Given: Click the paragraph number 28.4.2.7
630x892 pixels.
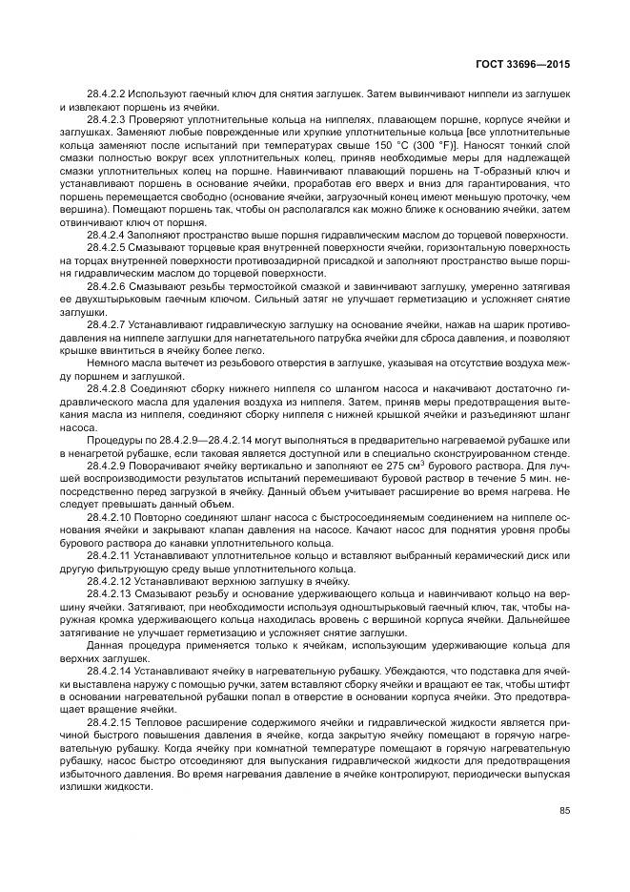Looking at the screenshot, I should tap(110, 323).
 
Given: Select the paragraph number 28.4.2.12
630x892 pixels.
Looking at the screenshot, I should tap(112, 580).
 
